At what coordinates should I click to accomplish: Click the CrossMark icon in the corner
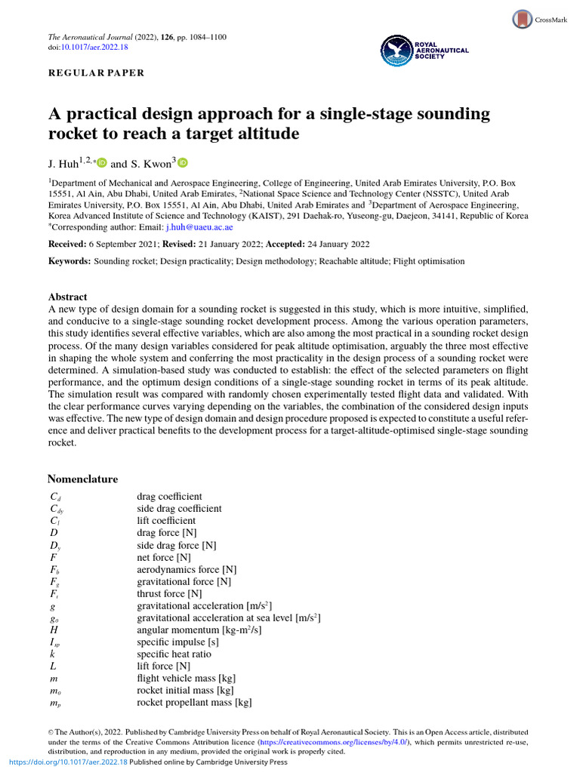pos(522,20)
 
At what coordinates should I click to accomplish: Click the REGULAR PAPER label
pos(96,73)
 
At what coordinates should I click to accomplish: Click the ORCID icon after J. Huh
pos(102,163)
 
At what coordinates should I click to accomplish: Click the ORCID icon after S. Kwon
pos(183,162)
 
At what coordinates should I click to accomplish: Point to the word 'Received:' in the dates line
pos(66,245)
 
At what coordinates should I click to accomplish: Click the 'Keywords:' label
pos(69,261)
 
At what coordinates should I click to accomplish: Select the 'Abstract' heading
pos(68,297)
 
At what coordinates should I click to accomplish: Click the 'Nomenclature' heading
pos(82,479)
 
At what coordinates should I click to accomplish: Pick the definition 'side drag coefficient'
pos(179,509)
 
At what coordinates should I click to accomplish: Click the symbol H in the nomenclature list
pos(54,630)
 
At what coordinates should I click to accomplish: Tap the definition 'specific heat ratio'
pos(174,654)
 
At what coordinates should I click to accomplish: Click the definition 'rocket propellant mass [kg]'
pos(193,702)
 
